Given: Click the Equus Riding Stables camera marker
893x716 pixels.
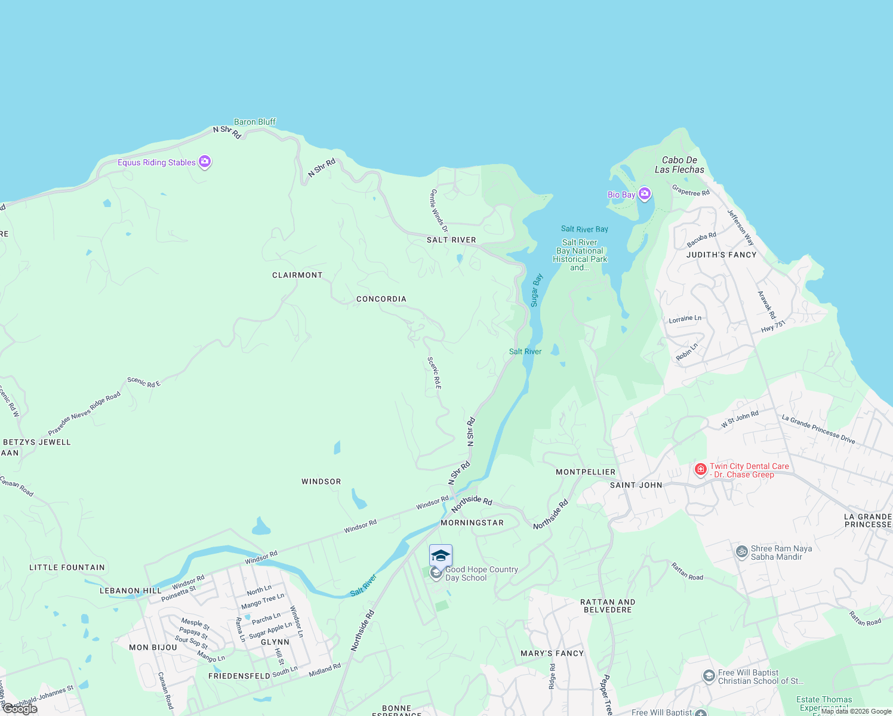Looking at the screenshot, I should [x=205, y=162].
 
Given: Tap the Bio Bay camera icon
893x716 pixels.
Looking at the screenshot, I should [x=644, y=194].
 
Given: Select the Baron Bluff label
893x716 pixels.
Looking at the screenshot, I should [x=255, y=122].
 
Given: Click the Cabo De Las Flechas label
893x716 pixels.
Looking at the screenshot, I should [x=679, y=165].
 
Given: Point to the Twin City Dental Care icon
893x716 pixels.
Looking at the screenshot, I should [x=701, y=470].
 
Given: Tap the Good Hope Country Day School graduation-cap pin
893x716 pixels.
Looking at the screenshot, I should [x=441, y=556].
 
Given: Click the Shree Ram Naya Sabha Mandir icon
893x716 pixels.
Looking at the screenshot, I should [x=742, y=552].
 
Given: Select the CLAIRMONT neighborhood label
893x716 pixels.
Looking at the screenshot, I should [x=297, y=275].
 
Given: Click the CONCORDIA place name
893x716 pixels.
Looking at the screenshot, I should [x=381, y=299].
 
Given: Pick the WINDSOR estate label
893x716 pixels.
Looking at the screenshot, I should [x=321, y=482].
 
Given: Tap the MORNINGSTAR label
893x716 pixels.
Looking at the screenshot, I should [x=472, y=523].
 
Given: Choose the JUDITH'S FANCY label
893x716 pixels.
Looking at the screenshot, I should [x=721, y=255].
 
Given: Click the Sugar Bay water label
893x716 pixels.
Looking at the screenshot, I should [x=536, y=290].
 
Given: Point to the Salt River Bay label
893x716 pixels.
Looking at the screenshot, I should [x=584, y=229].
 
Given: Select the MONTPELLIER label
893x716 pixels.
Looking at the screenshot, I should [x=585, y=472].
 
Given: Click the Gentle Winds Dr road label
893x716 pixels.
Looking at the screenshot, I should [x=439, y=211].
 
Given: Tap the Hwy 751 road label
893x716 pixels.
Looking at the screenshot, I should [x=773, y=326].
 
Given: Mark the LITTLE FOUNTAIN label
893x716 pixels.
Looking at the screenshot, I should [x=67, y=567].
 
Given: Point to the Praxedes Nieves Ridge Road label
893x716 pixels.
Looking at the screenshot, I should [x=84, y=413].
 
